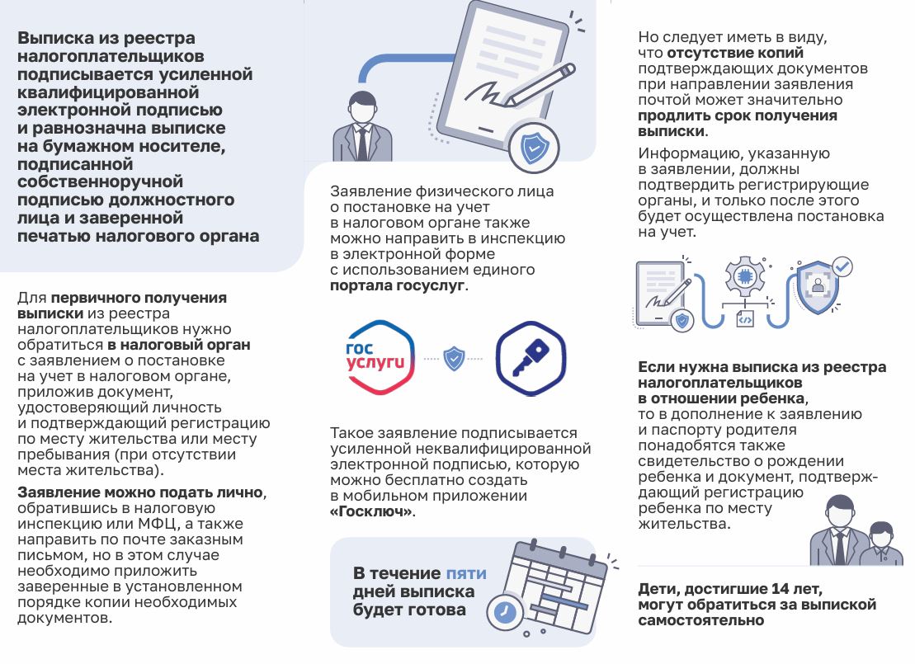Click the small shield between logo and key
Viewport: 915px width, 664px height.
[454, 359]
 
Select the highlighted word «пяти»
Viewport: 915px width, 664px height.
[466, 573]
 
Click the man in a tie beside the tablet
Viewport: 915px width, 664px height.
[361, 128]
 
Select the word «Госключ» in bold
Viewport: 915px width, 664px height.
[371, 511]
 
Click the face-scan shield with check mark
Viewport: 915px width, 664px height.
[818, 286]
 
